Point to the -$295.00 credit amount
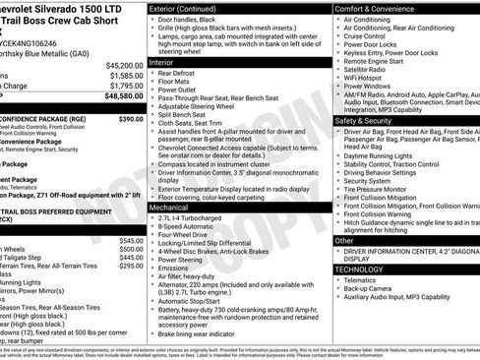coord(129,266)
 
